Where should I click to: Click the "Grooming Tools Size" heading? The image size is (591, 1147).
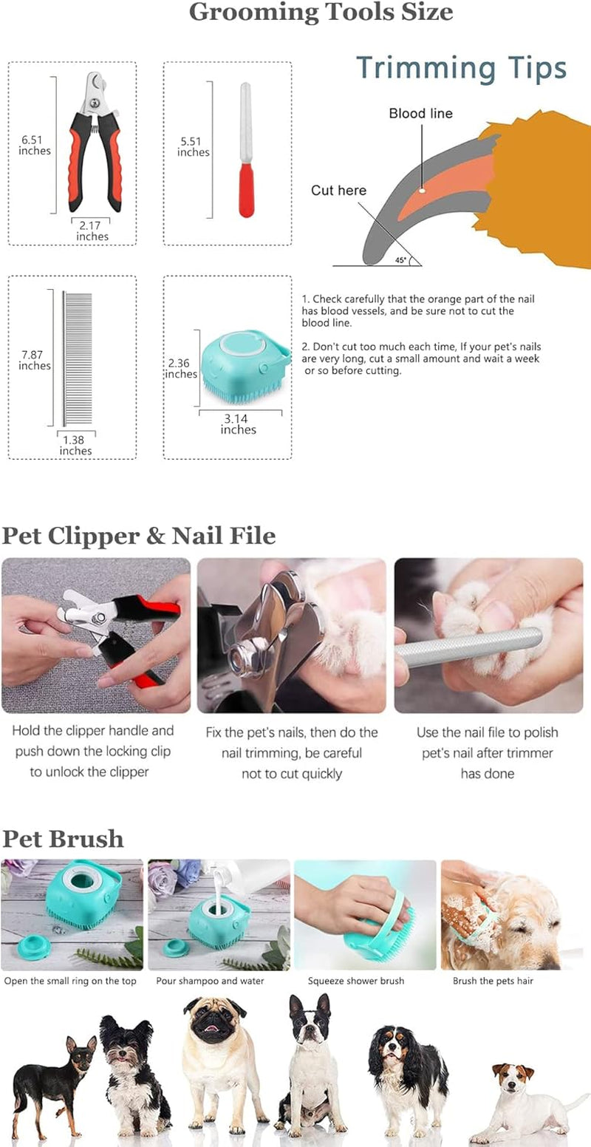click(x=321, y=13)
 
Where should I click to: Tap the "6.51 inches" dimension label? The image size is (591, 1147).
click(x=35, y=145)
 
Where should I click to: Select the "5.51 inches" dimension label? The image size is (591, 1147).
click(x=193, y=146)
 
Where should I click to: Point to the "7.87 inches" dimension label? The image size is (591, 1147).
click(x=35, y=361)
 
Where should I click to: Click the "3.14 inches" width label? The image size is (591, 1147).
click(x=238, y=424)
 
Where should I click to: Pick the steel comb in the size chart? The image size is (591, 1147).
click(x=77, y=358)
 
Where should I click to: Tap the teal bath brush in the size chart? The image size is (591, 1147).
click(x=243, y=365)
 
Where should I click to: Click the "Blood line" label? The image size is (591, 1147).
click(x=420, y=114)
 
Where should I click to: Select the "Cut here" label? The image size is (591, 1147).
click(x=338, y=191)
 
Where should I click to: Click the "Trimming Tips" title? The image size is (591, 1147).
click(x=462, y=68)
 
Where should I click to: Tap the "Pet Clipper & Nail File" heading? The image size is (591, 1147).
click(x=139, y=536)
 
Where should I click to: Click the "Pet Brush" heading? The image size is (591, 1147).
click(x=63, y=839)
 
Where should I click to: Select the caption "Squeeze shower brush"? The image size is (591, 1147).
click(x=356, y=981)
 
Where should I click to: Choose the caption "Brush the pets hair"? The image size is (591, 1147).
click(x=492, y=981)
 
